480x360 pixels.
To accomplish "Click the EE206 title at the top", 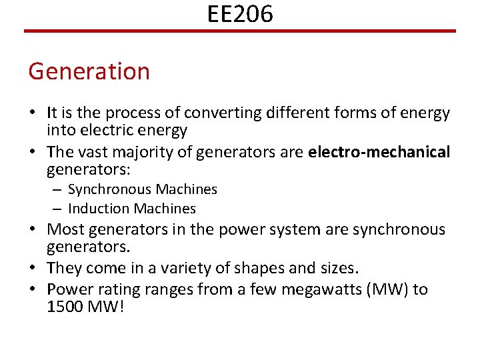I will coord(240,13).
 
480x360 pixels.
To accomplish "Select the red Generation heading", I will coord(89,71).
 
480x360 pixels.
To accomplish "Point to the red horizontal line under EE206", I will coord(240,31).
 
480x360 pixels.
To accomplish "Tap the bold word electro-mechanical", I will coord(379,152).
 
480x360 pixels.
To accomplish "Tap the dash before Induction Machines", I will coord(58,209).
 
